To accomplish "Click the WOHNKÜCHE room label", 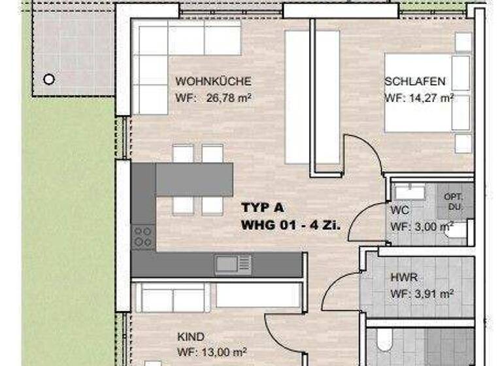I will tap(213, 82).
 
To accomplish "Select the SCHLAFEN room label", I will tap(415, 82).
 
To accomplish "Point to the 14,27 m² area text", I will tap(419, 99).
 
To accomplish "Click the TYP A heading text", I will tap(263, 208).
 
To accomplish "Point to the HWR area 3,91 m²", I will tap(422, 293).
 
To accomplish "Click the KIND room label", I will tap(190, 337).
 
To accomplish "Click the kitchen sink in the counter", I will tap(233, 263).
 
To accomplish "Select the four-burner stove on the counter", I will tap(143, 236).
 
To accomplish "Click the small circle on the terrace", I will tap(48, 79).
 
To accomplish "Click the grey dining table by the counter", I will tap(194, 178).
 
